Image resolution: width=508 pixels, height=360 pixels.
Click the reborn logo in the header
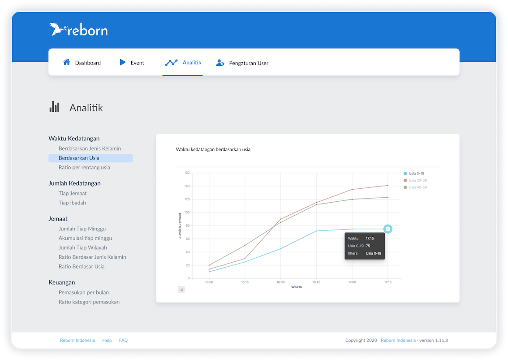(x=78, y=30)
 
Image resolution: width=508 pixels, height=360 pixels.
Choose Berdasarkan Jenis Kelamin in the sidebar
(x=90, y=148)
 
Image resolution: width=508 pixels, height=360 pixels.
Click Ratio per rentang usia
(x=84, y=167)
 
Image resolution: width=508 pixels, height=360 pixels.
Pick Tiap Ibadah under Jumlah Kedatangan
(x=72, y=203)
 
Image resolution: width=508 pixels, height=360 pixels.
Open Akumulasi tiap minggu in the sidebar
(x=85, y=238)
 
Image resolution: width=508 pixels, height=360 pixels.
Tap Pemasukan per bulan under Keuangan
(x=84, y=292)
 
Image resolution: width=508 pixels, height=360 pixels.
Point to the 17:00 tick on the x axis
(x=352, y=282)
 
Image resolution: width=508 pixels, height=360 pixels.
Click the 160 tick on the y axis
(x=187, y=173)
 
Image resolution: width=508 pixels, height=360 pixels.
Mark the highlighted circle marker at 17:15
(x=388, y=229)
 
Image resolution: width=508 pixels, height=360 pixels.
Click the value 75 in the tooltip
(x=368, y=246)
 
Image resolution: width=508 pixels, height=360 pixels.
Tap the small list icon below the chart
(x=181, y=289)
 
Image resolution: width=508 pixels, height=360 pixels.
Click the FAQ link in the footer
(x=123, y=340)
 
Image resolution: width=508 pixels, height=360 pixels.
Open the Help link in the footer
(x=107, y=340)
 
